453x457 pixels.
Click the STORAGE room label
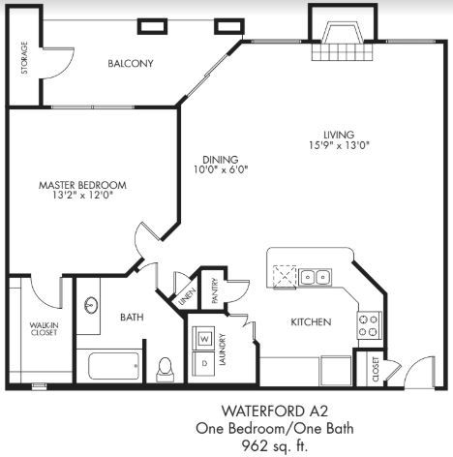tap(24, 58)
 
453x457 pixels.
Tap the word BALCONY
tap(131, 63)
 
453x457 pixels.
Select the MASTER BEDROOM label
tap(82, 185)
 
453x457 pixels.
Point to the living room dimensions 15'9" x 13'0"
tap(339, 145)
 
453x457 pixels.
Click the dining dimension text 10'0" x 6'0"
tap(221, 169)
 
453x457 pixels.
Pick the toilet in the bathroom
tap(165, 370)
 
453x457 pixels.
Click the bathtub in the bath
tap(114, 366)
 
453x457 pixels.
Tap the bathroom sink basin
tap(91, 305)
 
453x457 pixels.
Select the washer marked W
tap(203, 338)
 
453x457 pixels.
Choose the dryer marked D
tap(203, 364)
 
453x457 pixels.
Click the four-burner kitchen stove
tap(369, 325)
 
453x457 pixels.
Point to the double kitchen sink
tap(315, 277)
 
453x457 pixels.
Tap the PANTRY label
tap(215, 290)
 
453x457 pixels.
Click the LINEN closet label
tap(187, 296)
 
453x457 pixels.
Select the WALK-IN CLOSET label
tap(44, 328)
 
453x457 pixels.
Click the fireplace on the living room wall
tap(343, 41)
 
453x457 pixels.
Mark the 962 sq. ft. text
tap(275, 446)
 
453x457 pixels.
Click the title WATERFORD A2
tap(275, 411)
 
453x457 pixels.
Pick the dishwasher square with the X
tap(285, 276)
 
